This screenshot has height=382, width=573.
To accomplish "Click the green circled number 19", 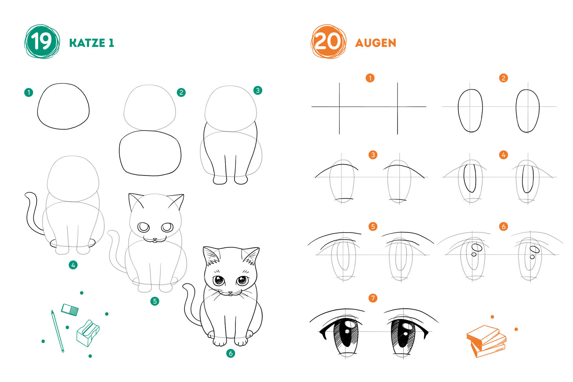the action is point(42,42).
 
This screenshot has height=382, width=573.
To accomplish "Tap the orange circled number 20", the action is point(329,42).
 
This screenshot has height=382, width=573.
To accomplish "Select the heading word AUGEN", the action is point(375,43).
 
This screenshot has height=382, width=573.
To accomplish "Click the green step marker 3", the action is point(258,90).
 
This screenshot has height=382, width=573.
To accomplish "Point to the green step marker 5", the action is point(155,301).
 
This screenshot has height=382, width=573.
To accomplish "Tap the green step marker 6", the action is point(231,353).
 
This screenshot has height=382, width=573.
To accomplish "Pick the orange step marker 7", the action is point(373,298).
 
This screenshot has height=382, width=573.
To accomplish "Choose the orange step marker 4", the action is point(503,155).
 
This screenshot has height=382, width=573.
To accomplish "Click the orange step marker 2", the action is point(503,78).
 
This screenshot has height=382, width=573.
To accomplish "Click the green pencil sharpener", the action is point(88,333).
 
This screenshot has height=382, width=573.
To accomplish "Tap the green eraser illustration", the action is point(70,310).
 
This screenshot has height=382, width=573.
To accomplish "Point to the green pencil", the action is point(58,331).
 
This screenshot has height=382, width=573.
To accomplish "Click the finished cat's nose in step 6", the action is point(230,293).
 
